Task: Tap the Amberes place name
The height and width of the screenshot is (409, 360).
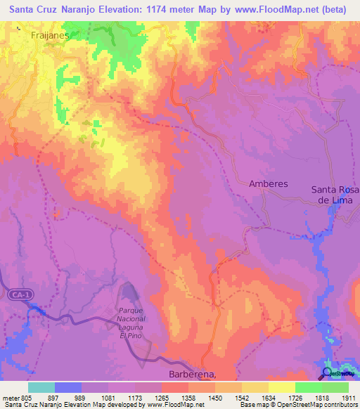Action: pos(269,183)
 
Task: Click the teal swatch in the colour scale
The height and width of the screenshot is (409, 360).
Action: pos(41,387)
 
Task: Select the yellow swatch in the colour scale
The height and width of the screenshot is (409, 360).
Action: pos(281,387)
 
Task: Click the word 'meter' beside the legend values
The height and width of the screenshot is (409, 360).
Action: pos(10,397)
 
